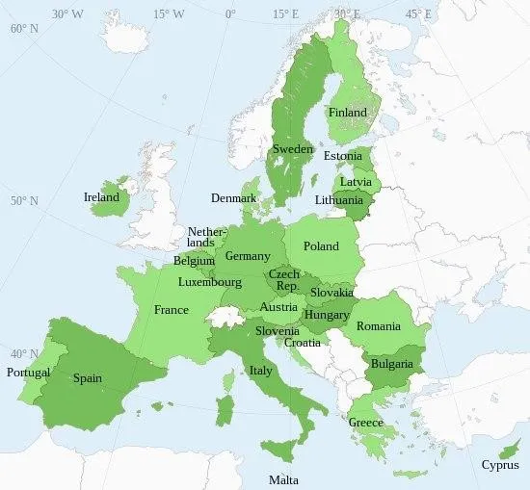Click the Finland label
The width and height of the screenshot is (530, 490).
point(348,113)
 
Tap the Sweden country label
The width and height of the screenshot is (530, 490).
point(292,150)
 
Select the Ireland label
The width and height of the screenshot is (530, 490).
point(101,197)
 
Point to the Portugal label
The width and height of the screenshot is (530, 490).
point(28,373)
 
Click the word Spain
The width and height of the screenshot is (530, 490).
point(88,378)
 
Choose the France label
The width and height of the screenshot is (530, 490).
point(172,310)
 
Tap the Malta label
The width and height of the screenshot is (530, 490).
point(283,479)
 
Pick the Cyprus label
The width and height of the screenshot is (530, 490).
point(500,465)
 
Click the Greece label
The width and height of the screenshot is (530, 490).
point(366,423)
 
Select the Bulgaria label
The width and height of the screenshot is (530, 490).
point(392,364)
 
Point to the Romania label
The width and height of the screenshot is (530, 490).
point(378,326)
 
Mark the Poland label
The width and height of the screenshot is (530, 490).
point(321,246)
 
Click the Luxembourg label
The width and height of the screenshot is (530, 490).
point(209,282)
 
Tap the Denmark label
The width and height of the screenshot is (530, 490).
point(233,198)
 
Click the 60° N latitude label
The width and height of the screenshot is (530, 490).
point(23,28)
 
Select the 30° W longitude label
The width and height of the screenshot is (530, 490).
point(67,13)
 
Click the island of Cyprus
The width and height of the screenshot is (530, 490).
point(502,450)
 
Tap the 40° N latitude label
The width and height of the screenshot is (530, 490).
point(23,353)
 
